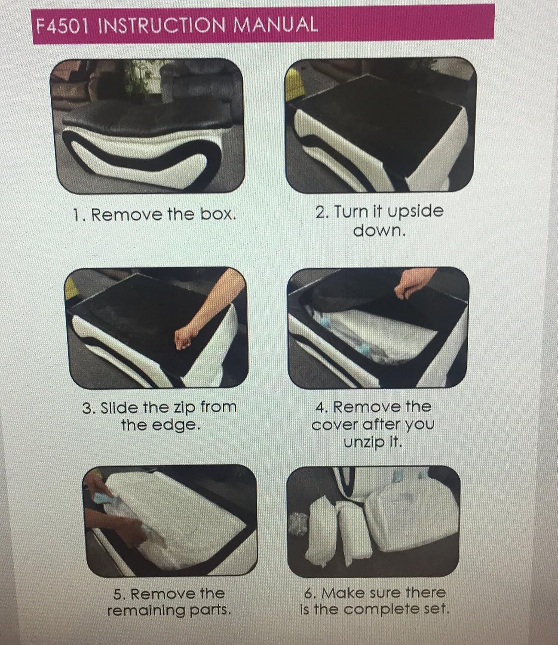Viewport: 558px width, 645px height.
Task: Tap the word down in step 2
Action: (x=379, y=231)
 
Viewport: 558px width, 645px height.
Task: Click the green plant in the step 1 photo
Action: (x=137, y=81)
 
